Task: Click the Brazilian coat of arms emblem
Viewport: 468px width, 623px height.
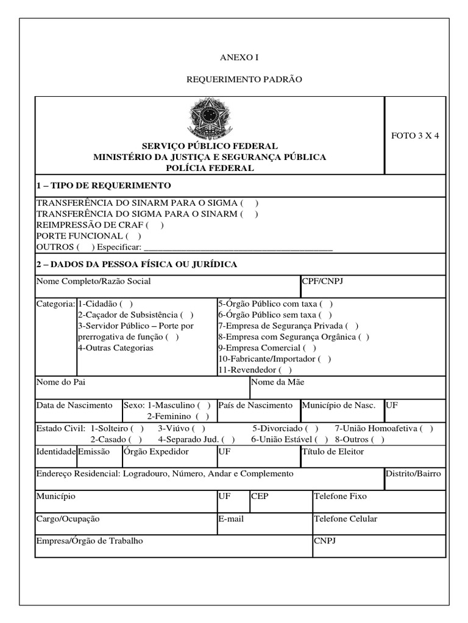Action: tap(210, 117)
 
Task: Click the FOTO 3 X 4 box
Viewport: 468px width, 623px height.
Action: tap(415, 136)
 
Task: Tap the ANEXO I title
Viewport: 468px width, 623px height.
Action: tap(239, 57)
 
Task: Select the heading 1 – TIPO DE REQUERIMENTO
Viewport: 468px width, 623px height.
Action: tap(104, 186)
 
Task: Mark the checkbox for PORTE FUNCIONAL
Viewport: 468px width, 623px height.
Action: tap(133, 235)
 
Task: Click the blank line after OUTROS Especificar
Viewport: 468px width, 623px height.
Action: tap(238, 247)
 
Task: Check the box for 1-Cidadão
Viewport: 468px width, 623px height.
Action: tap(127, 304)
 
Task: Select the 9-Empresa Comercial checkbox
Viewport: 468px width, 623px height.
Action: tap(310, 348)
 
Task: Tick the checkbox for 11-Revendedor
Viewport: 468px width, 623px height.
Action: tap(285, 370)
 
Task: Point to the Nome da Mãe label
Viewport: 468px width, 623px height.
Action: tap(277, 382)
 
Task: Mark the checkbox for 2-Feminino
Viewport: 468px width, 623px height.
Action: tap(203, 416)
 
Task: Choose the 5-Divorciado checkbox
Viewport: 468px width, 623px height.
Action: tap(311, 428)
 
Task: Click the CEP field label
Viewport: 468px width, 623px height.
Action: tap(260, 496)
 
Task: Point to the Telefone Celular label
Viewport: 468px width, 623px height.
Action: tap(345, 518)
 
